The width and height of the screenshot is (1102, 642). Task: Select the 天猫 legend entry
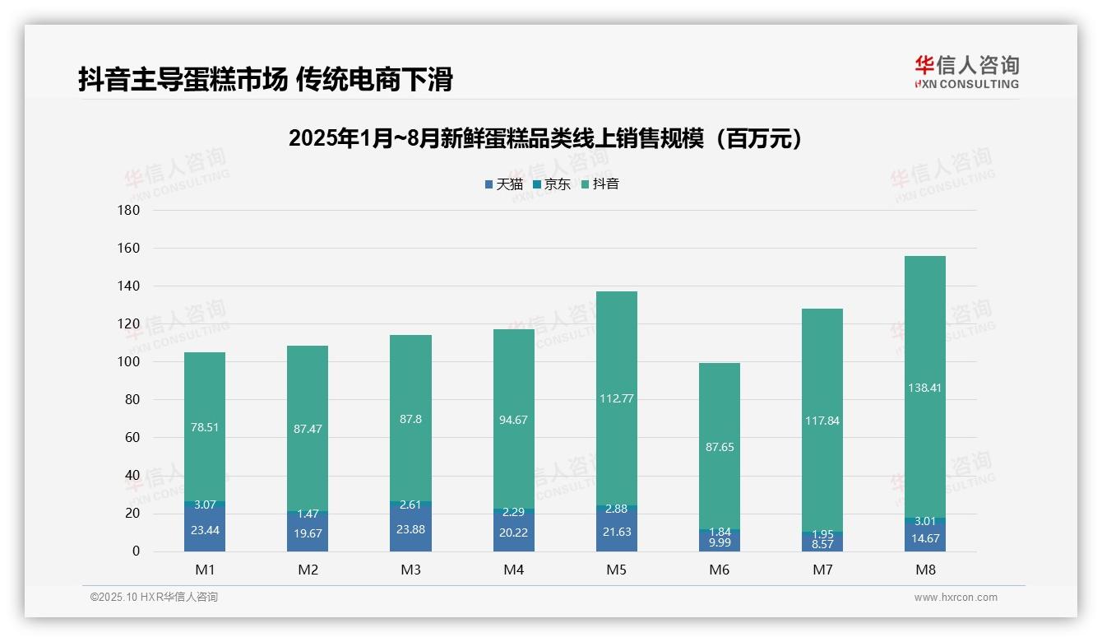tap(503, 184)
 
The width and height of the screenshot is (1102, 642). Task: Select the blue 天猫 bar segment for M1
tap(205, 529)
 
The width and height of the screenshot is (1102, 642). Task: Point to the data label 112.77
tap(616, 398)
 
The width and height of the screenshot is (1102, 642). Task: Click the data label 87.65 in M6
tap(719, 447)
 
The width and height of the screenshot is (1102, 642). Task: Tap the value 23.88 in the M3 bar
tap(410, 529)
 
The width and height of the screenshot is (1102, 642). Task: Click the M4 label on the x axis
tap(513, 570)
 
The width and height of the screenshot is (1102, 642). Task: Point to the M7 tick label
tap(822, 570)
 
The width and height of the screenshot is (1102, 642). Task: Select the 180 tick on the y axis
tap(129, 210)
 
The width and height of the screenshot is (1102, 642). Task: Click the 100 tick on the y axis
tap(129, 362)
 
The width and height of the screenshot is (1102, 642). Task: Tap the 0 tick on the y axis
tap(135, 551)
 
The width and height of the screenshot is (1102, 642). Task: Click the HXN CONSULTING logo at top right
tap(966, 72)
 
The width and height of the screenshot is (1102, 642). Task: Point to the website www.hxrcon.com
tap(956, 598)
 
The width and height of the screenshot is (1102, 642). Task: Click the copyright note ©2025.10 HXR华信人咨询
tap(154, 598)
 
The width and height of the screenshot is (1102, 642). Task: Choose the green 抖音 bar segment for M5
tap(616, 346)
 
